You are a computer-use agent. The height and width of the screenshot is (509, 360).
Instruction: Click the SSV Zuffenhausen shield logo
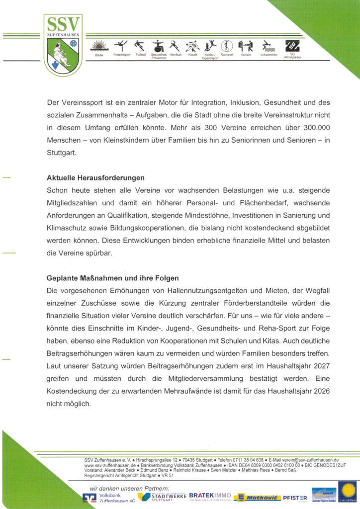62,45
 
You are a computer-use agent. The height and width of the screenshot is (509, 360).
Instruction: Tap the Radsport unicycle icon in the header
227,46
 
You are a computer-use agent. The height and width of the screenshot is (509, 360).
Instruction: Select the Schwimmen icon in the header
269,47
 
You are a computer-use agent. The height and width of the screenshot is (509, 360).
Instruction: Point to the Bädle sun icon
99,46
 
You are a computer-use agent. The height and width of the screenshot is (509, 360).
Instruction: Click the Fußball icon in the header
140,46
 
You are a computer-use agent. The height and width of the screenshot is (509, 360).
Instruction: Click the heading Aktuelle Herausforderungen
95,177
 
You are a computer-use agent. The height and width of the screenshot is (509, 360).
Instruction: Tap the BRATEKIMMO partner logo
210,496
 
